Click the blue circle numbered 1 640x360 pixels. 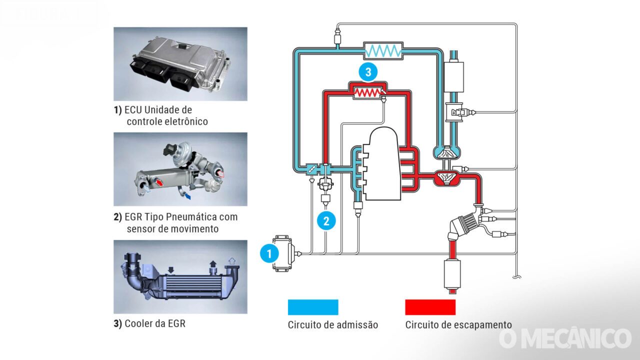pyautogui.click(x=269, y=253)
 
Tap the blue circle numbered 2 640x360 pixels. pyautogui.click(x=326, y=220)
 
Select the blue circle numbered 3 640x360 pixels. pyautogui.click(x=368, y=72)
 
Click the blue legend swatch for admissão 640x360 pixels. pyautogui.click(x=313, y=307)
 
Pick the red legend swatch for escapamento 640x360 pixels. pyautogui.click(x=430, y=307)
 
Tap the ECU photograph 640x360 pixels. pyautogui.click(x=180, y=64)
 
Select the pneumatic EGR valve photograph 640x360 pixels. pyautogui.click(x=180, y=169)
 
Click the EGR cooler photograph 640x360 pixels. pyautogui.click(x=180, y=277)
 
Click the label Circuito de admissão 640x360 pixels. pyautogui.click(x=332, y=325)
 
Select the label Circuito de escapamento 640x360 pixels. pyautogui.click(x=458, y=325)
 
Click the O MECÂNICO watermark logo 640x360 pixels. pyautogui.click(x=565, y=338)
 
